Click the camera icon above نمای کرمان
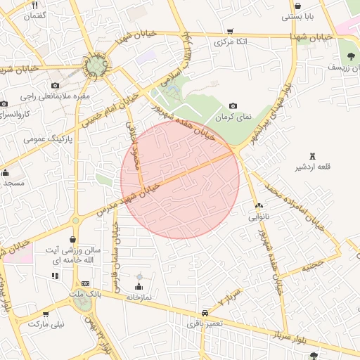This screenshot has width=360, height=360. [233, 105]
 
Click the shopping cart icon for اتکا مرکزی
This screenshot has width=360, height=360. [230, 31]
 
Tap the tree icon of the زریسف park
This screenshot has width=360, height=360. [349, 56]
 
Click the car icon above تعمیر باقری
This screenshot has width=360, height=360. [205, 312]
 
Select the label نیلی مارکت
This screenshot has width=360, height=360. [45, 325]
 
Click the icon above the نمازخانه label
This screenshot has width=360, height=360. [139, 286]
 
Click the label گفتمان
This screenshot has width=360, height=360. [34, 15]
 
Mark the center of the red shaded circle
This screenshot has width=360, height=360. [180, 179]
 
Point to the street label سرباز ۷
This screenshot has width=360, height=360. [229, 297]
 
